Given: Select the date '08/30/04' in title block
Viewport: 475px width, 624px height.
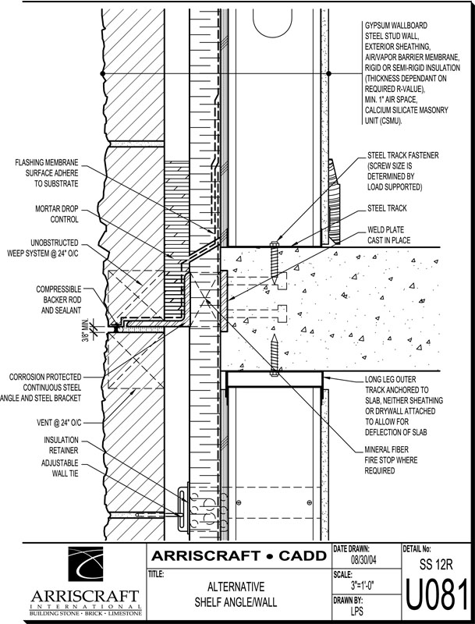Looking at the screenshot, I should (366, 559).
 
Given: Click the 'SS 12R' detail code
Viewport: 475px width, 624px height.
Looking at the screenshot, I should (436, 563).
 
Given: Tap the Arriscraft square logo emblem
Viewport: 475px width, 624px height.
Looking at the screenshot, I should (89, 568).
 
